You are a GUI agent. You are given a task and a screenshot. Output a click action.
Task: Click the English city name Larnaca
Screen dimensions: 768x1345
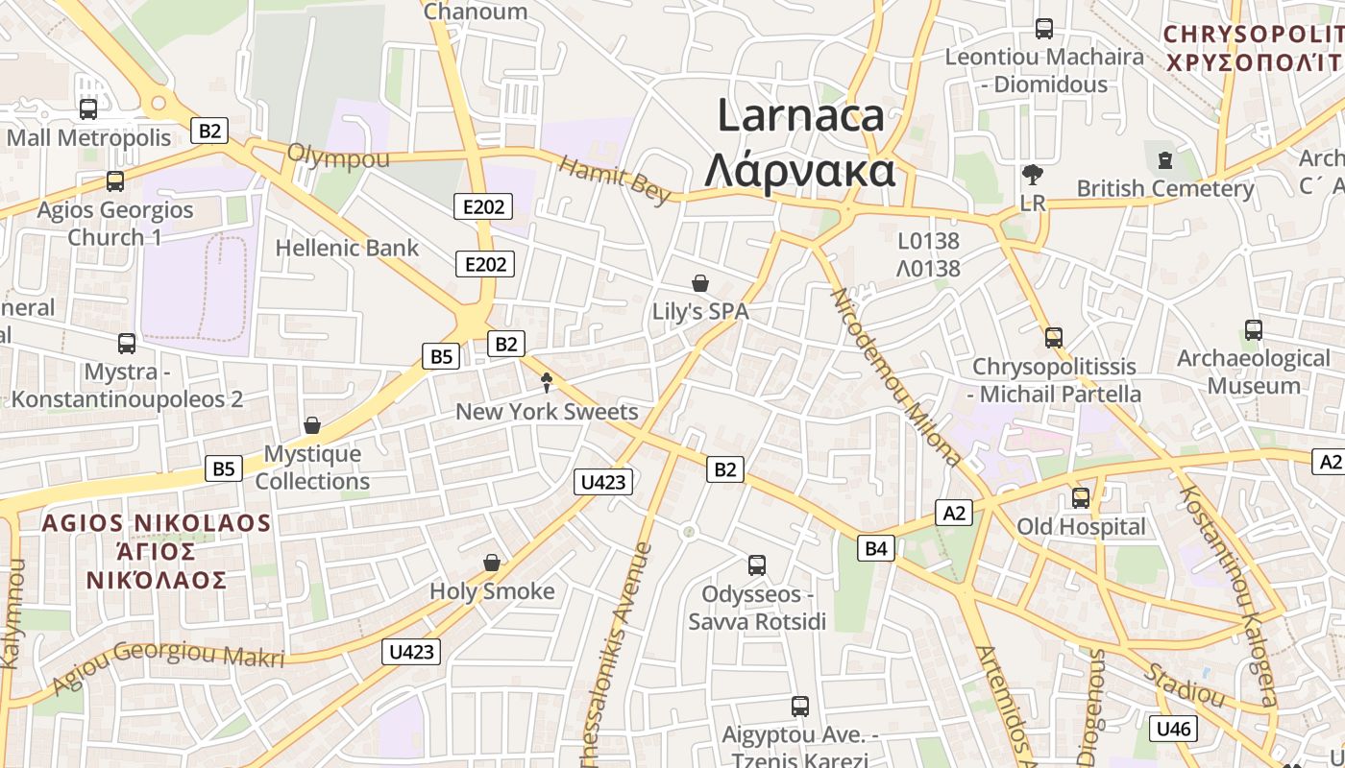tap(800, 116)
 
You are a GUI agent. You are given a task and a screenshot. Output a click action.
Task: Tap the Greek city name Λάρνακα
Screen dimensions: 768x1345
tap(800, 172)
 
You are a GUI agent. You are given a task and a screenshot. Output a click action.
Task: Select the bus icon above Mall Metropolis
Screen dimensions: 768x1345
tap(88, 108)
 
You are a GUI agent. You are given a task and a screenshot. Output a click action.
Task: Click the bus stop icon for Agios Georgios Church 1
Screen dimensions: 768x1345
tap(115, 180)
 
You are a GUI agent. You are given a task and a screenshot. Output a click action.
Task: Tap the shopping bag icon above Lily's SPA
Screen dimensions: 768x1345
tap(700, 283)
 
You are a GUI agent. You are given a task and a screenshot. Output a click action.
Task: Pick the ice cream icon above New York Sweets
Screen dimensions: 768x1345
tap(547, 383)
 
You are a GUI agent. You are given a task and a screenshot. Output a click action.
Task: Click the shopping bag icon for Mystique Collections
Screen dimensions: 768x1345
tap(312, 425)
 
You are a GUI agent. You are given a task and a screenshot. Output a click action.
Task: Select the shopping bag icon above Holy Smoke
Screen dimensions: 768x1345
tap(492, 563)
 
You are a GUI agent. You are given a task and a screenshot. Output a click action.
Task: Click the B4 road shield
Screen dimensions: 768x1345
tap(875, 548)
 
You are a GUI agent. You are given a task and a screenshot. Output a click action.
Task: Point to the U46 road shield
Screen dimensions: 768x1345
tap(1173, 729)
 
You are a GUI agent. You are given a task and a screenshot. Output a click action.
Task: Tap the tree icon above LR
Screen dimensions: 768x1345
tap(1033, 175)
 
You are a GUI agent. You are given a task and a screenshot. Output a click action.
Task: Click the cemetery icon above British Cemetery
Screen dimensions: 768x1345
tap(1165, 159)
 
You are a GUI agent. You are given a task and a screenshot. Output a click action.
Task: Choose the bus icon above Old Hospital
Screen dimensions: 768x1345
tap(1081, 498)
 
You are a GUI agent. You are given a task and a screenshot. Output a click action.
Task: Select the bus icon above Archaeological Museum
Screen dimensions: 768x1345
tap(1253, 330)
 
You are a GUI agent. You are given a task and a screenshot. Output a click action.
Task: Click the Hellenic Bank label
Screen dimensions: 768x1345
tap(347, 248)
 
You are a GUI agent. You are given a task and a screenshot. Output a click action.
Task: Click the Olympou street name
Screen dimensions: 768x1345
tap(338, 156)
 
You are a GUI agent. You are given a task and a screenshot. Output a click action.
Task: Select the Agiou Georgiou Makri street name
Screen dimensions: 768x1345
tap(168, 665)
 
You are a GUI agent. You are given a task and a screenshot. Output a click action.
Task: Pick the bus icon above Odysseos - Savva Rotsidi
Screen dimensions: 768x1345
tap(757, 565)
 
